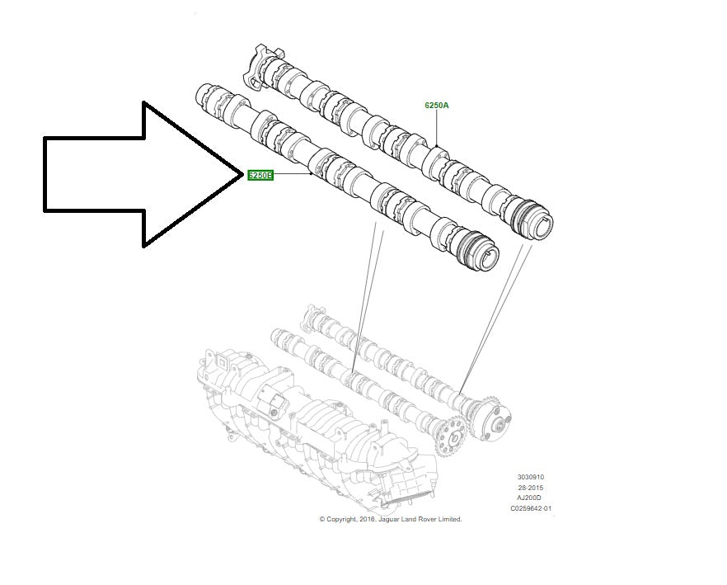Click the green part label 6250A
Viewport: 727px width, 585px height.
(x=437, y=106)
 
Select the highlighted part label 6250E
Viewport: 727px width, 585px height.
(x=260, y=175)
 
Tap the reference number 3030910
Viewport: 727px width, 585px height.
(x=531, y=477)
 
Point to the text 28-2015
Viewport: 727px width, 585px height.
(x=531, y=488)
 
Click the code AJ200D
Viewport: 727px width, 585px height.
(x=531, y=498)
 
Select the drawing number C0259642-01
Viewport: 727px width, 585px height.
(x=531, y=509)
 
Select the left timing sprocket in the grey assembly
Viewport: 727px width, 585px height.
(x=447, y=433)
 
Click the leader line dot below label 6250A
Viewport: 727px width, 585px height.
(x=437, y=146)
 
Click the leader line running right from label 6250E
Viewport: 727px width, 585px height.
(x=293, y=175)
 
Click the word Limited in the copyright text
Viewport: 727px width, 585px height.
(x=449, y=519)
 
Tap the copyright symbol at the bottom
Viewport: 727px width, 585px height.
(x=322, y=519)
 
